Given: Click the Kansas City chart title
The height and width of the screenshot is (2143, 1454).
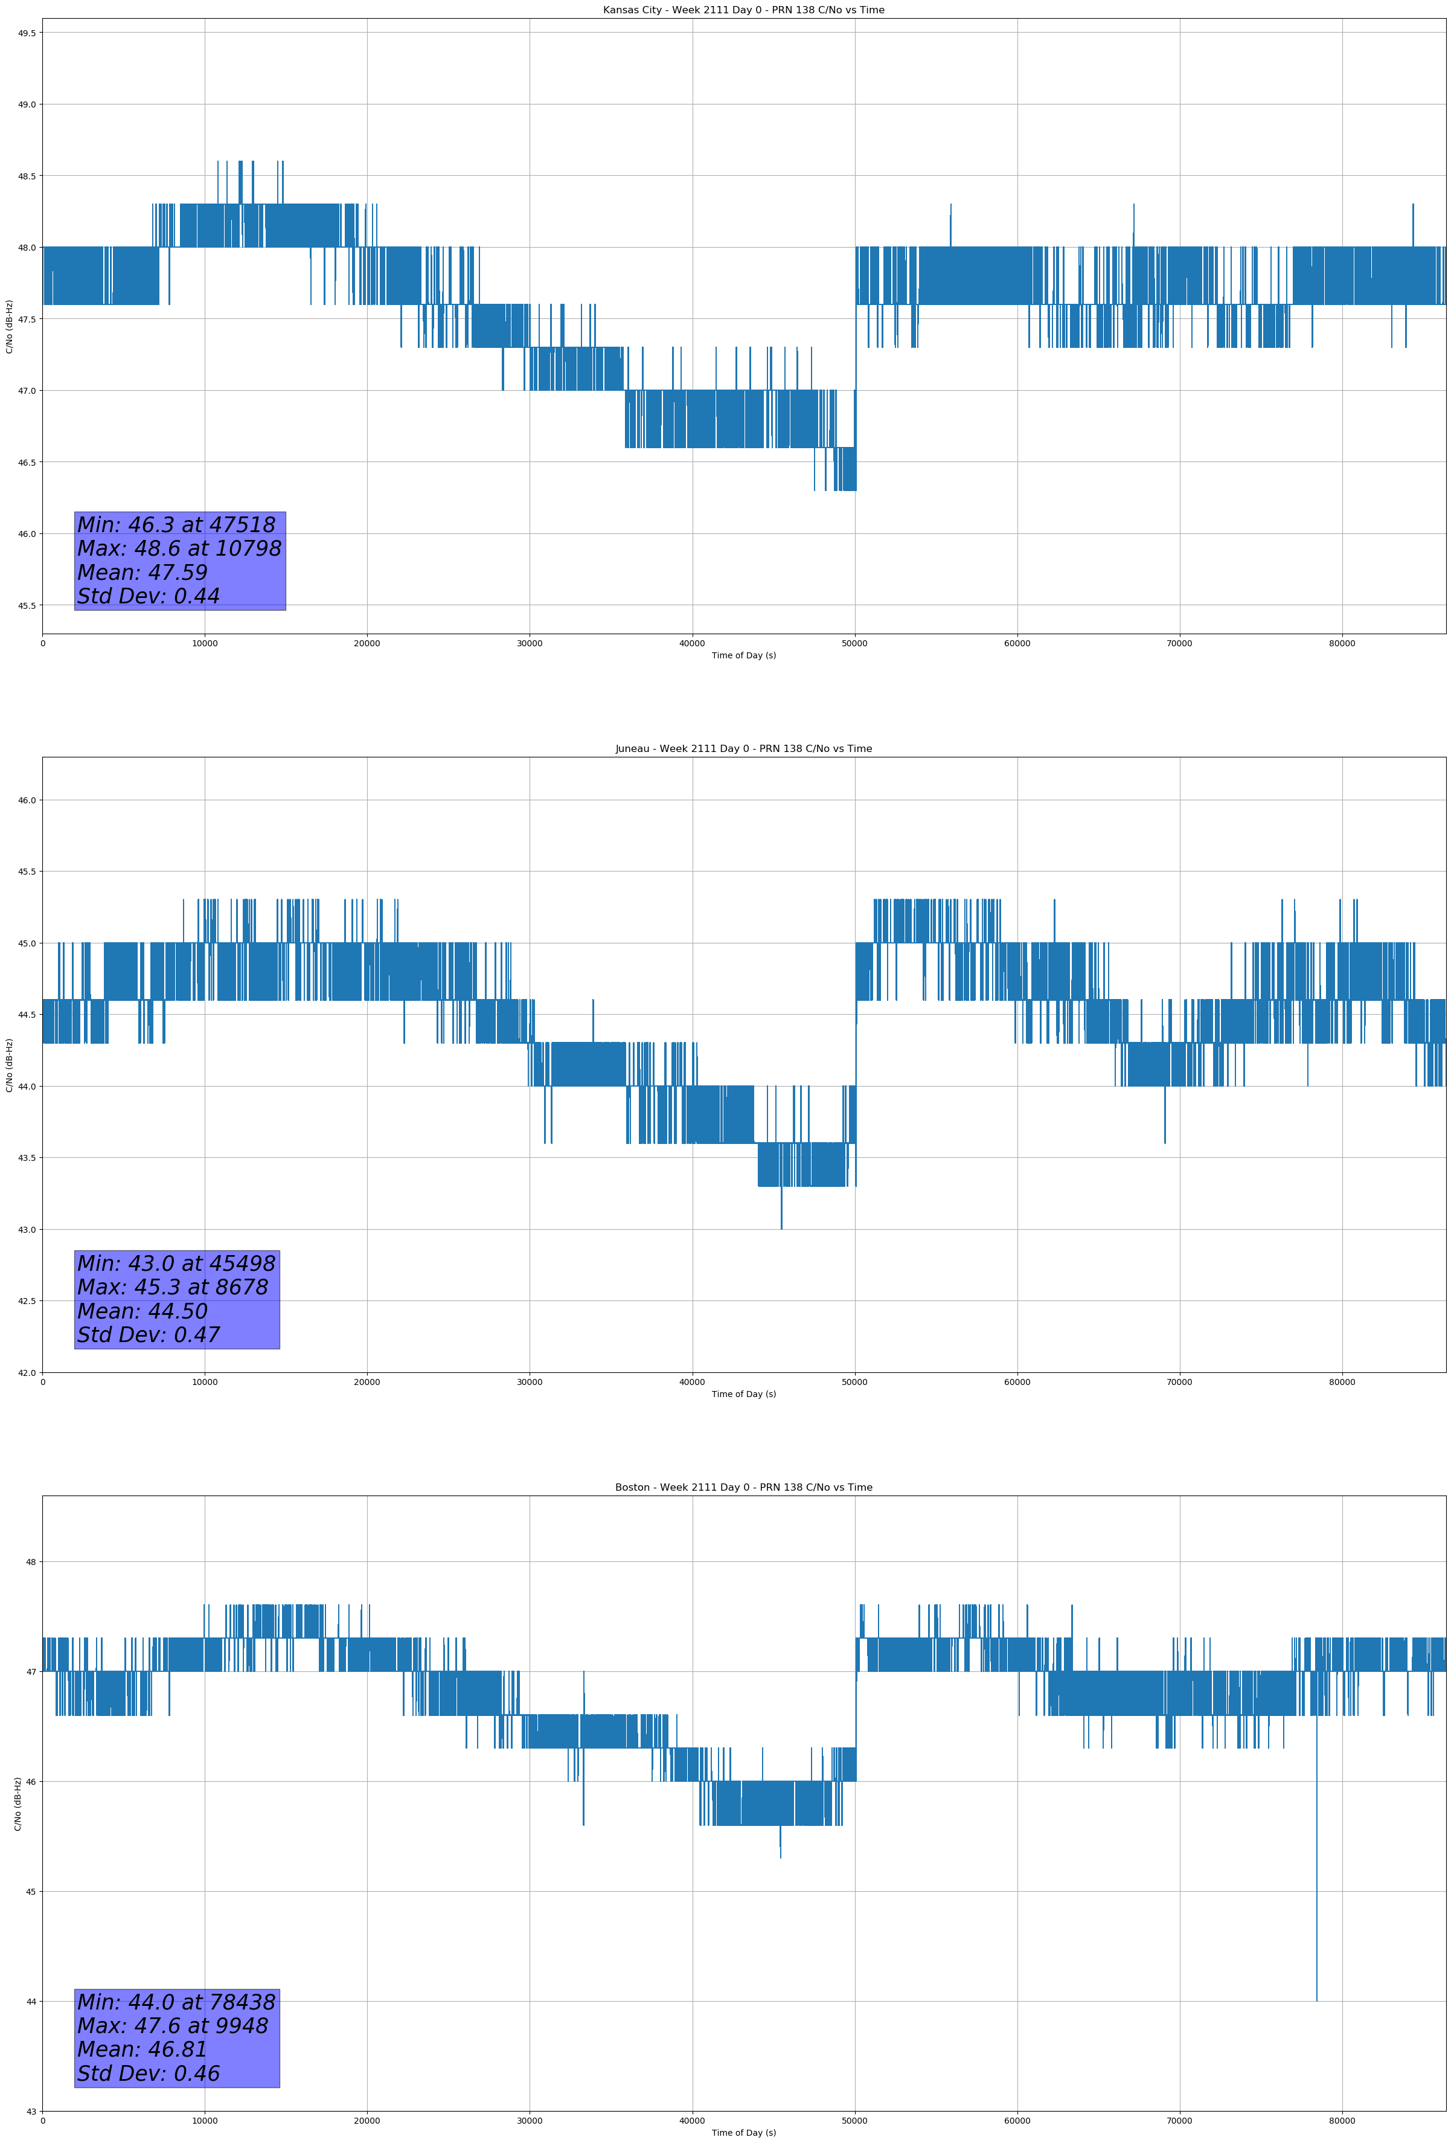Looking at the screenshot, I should pyautogui.click(x=743, y=10).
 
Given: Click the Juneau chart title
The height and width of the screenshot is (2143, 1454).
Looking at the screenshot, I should pyautogui.click(x=743, y=749).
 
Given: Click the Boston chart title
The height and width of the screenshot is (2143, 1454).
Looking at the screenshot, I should pyautogui.click(x=743, y=1488).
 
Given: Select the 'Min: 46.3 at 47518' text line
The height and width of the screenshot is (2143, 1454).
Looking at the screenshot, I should pyautogui.click(x=176, y=525).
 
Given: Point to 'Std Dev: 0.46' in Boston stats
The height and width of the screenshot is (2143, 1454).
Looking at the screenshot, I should pyautogui.click(x=149, y=2073).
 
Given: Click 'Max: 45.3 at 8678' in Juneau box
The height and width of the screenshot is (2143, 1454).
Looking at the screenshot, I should pyautogui.click(x=173, y=1287).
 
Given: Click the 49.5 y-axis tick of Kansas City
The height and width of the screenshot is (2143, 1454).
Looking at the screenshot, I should pyautogui.click(x=27, y=33).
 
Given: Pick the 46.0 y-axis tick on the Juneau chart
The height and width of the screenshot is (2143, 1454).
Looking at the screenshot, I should pyautogui.click(x=27, y=800).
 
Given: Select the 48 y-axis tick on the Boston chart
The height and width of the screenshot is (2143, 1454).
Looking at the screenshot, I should pyautogui.click(x=31, y=1562).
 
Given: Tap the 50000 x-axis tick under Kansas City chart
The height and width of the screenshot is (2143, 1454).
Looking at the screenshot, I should pyautogui.click(x=854, y=644).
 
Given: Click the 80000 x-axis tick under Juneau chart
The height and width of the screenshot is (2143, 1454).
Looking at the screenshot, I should pyautogui.click(x=1342, y=1382).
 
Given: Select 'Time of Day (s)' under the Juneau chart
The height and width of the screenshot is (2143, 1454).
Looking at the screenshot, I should pyautogui.click(x=743, y=1394).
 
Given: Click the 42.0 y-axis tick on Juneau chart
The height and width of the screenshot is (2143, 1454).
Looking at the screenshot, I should pyautogui.click(x=27, y=1372).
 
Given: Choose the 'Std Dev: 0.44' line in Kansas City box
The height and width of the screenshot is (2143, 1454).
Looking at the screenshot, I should pyautogui.click(x=149, y=597).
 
